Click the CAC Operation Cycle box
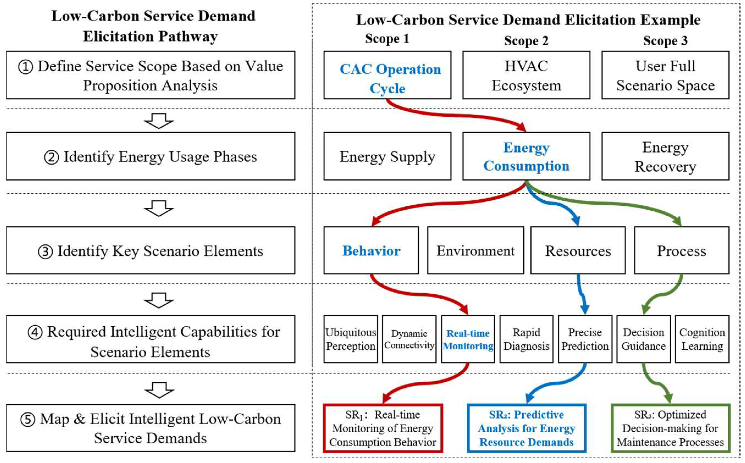pyautogui.click(x=387, y=75)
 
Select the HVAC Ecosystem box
pyautogui.click(x=526, y=75)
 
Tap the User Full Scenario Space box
pyautogui.click(x=665, y=75)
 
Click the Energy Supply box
pyautogui.click(x=387, y=156)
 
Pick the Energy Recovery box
pyautogui.click(x=665, y=156)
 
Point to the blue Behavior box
pyautogui.click(x=371, y=250)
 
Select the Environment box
pyautogui.click(x=475, y=250)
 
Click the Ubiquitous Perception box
pyautogui.click(x=351, y=339)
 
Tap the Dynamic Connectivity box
pyautogui.click(x=409, y=339)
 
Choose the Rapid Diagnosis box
pyautogui.click(x=526, y=339)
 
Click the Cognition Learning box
pyautogui.click(x=702, y=339)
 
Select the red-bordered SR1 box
pyautogui.click(x=383, y=428)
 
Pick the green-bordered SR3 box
pyautogui.click(x=670, y=428)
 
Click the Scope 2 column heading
pyautogui.click(x=526, y=41)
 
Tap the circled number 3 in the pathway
pyautogui.click(x=45, y=252)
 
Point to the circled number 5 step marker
pyautogui.click(x=27, y=419)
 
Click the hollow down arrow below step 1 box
pyautogui.click(x=159, y=121)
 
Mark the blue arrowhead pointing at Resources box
pyautogui.click(x=576, y=221)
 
